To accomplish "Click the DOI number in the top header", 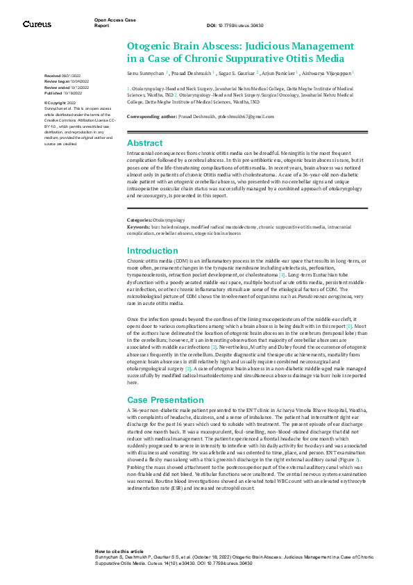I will (248, 25).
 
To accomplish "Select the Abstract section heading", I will (144, 142).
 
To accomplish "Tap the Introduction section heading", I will (153, 250).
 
